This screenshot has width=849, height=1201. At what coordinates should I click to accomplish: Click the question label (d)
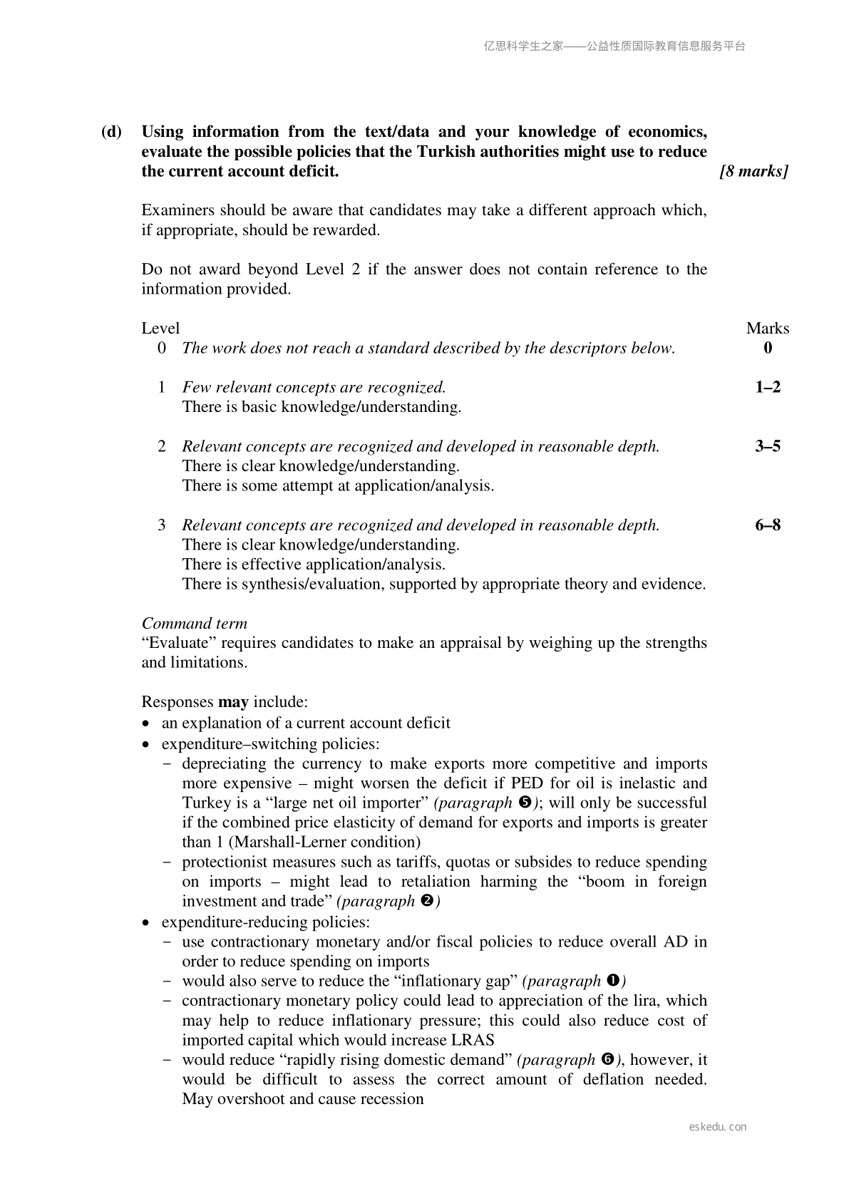tap(111, 132)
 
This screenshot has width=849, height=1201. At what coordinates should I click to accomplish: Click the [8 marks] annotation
tap(754, 172)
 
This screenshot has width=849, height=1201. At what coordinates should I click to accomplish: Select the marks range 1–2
tap(768, 387)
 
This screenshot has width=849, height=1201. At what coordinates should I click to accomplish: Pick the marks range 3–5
tap(768, 446)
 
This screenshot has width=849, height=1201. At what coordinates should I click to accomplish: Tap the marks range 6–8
tap(768, 525)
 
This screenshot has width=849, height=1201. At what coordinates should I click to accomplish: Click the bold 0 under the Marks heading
tap(768, 349)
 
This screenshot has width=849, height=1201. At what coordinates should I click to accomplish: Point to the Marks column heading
tap(768, 329)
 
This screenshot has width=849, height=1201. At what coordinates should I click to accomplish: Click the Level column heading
tap(160, 329)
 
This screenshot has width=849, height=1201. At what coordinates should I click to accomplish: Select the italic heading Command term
tap(195, 624)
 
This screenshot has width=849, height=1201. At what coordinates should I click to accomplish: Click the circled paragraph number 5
tap(525, 803)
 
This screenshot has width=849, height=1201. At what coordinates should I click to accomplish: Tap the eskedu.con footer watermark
tap(718, 1127)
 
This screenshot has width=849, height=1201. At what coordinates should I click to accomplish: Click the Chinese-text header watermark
tap(614, 46)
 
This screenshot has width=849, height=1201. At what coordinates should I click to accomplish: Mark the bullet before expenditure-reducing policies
tap(146, 923)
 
